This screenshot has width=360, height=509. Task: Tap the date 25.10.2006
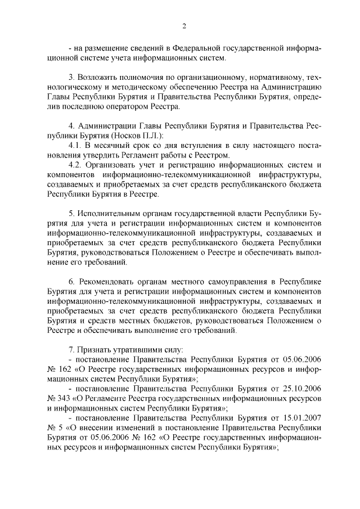pyautogui.click(x=301, y=388)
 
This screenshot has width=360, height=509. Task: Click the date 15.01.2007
pyautogui.click(x=301, y=418)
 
